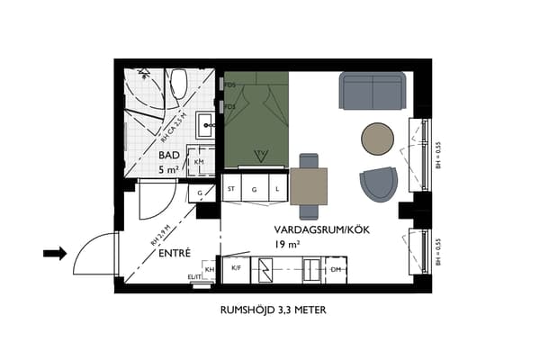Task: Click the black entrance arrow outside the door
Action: click(55, 254)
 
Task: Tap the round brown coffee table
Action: click(378, 139)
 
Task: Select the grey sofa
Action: click(372, 90)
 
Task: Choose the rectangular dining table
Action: click(308, 186)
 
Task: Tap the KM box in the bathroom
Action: click(199, 161)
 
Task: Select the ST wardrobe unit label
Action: click(231, 189)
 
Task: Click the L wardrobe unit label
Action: click(277, 189)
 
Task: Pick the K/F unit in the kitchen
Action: click(236, 268)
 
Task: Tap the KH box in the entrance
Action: click(209, 269)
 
